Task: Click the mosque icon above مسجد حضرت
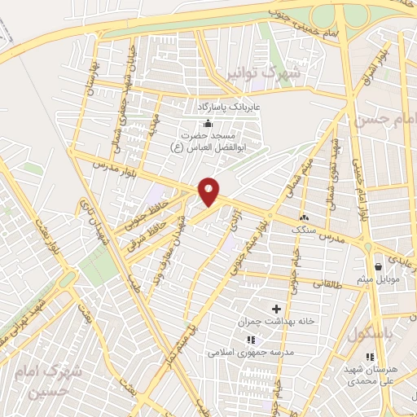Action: [x=208, y=123]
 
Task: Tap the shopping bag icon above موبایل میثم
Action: [x=378, y=266]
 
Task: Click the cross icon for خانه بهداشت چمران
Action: [x=276, y=309]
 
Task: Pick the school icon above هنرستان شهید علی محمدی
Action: [x=371, y=356]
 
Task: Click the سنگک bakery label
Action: [x=305, y=230]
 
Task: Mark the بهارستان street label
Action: [x=92, y=79]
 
